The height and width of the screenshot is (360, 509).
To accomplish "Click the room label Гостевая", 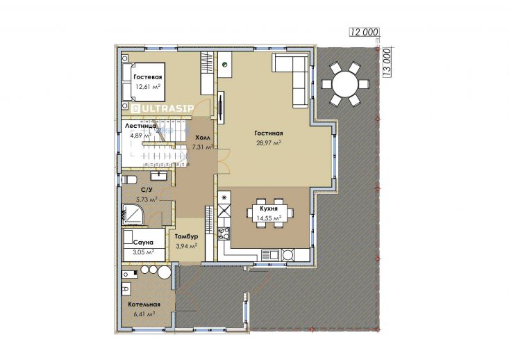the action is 147,77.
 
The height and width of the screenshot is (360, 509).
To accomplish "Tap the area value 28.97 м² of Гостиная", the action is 269,142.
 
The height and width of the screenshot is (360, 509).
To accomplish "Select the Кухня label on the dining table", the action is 269,208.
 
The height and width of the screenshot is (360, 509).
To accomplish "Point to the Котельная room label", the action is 144,304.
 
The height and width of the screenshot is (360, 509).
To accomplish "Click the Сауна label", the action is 143,243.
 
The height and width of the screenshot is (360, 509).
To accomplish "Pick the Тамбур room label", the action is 186,236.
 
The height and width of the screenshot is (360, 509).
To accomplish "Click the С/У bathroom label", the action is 147,190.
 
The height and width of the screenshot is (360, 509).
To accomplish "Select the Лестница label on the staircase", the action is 140,126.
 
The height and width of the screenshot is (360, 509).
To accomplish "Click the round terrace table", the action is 345,84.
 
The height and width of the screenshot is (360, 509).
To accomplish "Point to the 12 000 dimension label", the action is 365,32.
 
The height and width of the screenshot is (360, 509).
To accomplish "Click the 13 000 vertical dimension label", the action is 387,63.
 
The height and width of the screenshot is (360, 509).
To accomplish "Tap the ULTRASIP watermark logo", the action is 162,108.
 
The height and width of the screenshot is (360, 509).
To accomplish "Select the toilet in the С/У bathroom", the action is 129,179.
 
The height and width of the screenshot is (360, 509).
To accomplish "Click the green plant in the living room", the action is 224,65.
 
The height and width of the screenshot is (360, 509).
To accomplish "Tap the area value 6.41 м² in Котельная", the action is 144,314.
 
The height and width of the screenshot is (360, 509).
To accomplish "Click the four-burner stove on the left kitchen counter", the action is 224,234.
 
